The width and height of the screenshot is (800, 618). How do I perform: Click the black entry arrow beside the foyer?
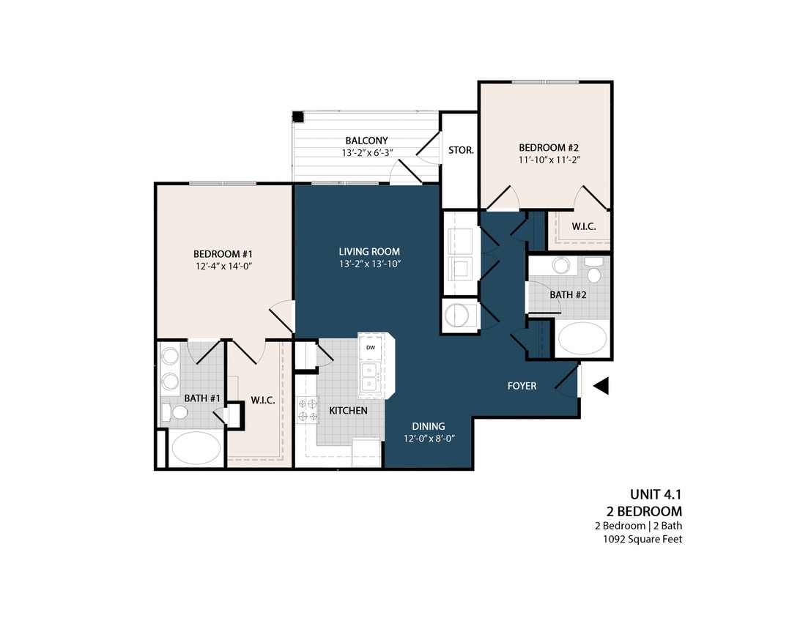tap(601, 386)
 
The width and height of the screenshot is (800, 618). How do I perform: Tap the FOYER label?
tap(522, 386)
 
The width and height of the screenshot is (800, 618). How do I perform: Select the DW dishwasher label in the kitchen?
tap(371, 347)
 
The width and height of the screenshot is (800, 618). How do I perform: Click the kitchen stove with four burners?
tap(308, 410)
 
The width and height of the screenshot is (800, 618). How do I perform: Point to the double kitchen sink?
tap(368, 376)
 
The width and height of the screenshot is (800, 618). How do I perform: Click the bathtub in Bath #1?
tap(195, 447)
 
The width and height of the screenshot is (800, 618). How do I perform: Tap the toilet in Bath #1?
tap(176, 413)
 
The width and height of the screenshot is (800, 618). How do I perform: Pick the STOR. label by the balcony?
tap(461, 150)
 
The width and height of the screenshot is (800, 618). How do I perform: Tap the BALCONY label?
tap(367, 141)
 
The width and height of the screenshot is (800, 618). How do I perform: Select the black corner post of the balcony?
tap(298, 117)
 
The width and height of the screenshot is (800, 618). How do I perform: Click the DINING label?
tap(428, 426)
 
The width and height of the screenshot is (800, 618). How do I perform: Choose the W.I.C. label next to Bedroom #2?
tap(584, 227)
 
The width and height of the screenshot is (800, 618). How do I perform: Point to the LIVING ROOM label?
tap(369, 251)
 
